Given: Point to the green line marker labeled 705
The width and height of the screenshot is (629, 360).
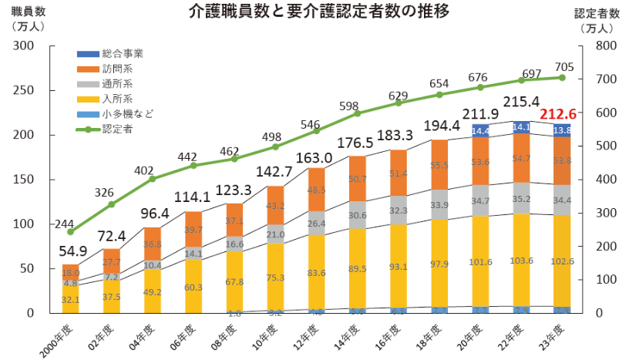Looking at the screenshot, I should [561, 78].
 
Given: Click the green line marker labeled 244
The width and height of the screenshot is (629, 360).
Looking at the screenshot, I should [70, 231].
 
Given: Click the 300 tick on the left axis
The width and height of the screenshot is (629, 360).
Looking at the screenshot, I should [24, 45].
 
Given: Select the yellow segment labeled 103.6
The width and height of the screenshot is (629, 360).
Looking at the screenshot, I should [521, 261].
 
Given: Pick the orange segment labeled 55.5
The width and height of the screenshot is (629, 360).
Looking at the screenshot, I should [439, 165].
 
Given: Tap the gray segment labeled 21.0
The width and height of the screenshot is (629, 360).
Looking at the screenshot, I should [276, 234].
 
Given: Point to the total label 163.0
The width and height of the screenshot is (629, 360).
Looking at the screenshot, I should [316, 158].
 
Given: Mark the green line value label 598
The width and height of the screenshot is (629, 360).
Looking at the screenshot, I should [348, 106].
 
